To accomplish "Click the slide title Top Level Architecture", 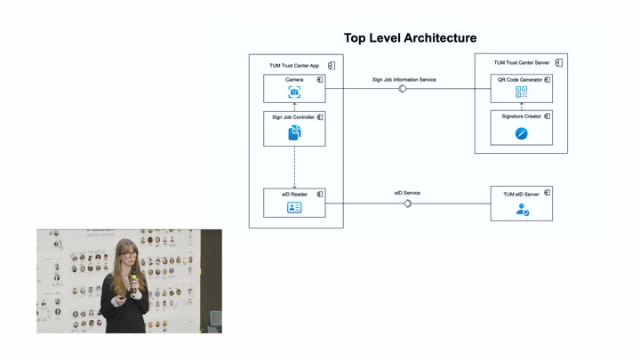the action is coord(410,38).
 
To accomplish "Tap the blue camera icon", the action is coord(294,92).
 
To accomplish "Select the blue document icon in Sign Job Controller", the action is coord(294,132).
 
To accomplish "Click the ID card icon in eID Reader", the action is coord(294,207).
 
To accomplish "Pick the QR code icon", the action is coord(521,92).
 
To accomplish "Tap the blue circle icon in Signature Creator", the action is coord(521,133).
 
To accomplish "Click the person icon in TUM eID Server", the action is coord(523,210).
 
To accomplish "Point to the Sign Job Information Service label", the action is coord(404,80).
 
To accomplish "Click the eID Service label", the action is coord(407,193).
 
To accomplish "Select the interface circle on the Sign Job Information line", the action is coord(403,89).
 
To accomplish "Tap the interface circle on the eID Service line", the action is coord(407,204).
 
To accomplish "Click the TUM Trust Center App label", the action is coord(294,65).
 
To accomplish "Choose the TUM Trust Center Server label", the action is coord(522,62).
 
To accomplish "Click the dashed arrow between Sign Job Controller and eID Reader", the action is coord(294,167).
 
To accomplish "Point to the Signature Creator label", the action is coord(521,116).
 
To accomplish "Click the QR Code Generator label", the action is coord(520,80).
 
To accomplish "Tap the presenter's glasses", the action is coord(128,254).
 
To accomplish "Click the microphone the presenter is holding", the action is coord(133,284).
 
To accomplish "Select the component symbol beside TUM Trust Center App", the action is coord(332,65).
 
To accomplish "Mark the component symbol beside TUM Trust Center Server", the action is coord(559,62).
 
